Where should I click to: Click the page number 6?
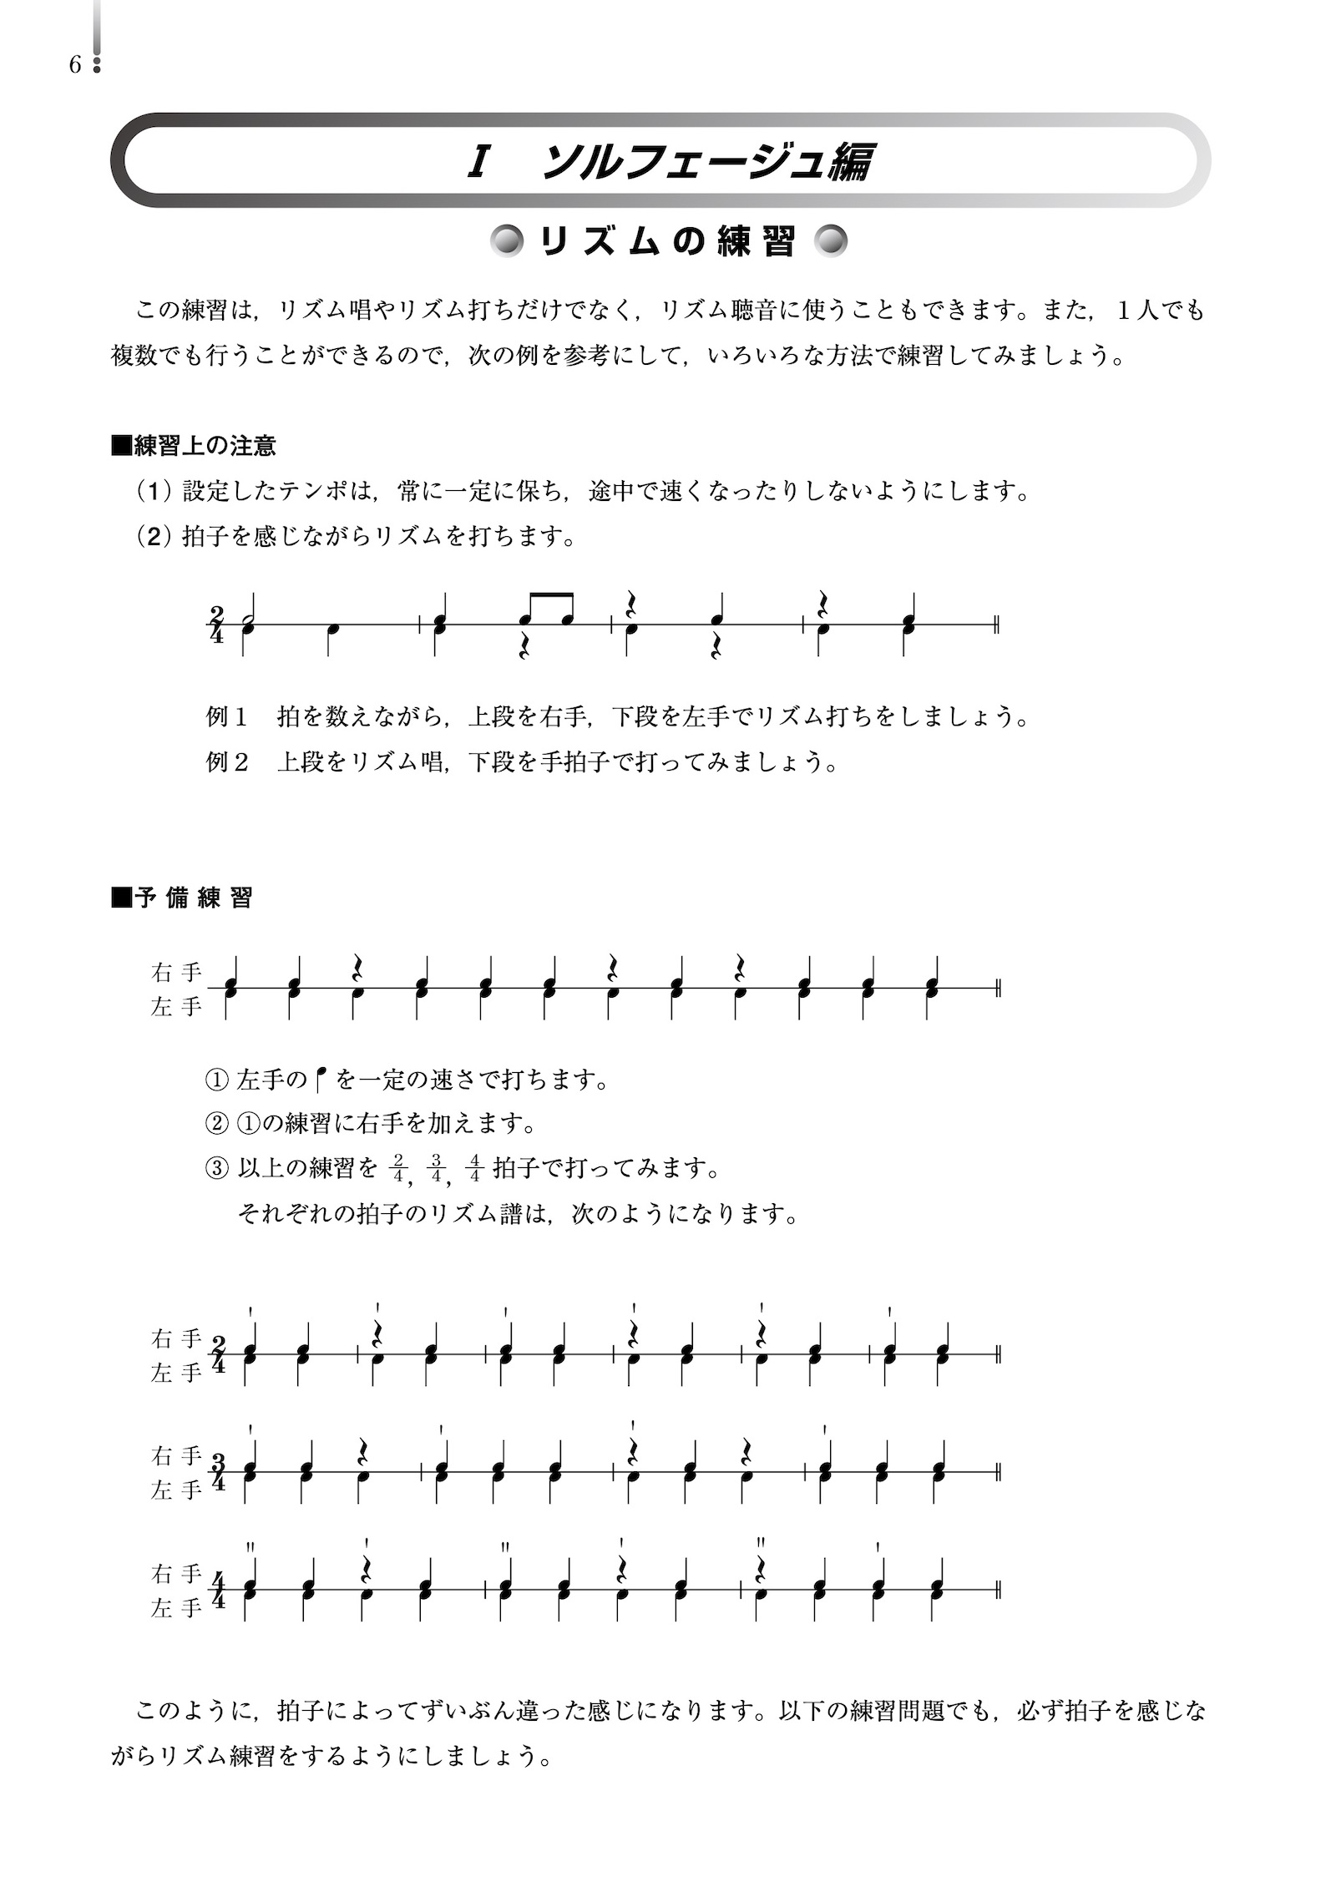pos(75,65)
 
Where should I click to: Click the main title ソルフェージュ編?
pos(706,162)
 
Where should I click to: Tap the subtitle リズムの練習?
pos(668,242)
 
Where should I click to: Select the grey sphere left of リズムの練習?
pos(507,242)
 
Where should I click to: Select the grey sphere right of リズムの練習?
pos(831,242)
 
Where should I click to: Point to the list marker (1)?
pos(154,491)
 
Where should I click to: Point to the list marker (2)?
pos(154,536)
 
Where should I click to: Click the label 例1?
pos(227,716)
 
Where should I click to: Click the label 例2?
pos(227,762)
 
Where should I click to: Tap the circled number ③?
pos(215,1168)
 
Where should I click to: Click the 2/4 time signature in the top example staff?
pos(218,625)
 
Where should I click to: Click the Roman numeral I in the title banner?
pos(478,162)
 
